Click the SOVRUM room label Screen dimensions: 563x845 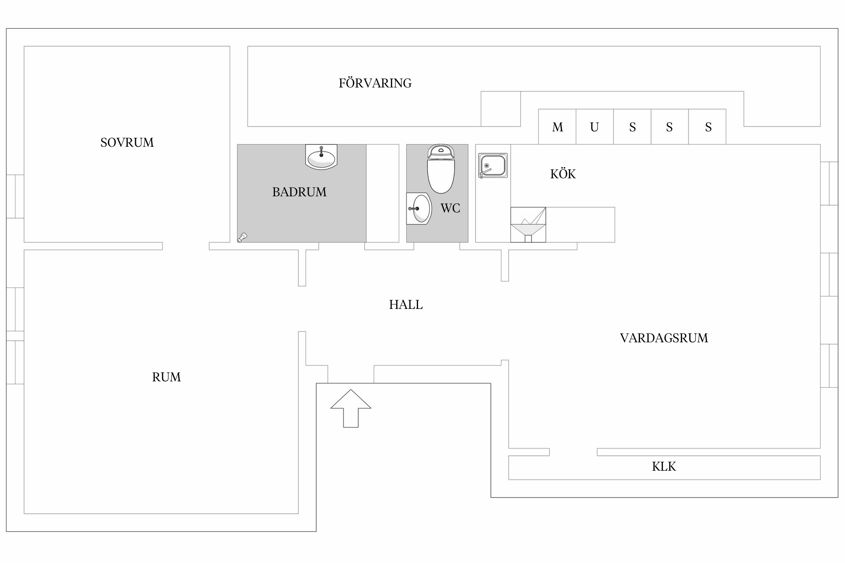pos(127,143)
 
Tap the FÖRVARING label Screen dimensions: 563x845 pos(375,83)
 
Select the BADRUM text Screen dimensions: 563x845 pos(299,192)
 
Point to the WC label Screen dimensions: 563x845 pos(450,208)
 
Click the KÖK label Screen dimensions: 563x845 pos(563,174)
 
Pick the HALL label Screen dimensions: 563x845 pos(406,305)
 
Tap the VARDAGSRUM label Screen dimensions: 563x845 pos(664,338)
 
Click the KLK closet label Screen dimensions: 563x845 pos(664,467)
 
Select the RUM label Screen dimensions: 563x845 pos(166,377)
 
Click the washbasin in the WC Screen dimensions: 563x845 pos(419,209)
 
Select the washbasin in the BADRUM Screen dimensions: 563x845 pos(321,157)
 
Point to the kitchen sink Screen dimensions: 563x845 pos(493,166)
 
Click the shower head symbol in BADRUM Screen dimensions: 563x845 pos(242,237)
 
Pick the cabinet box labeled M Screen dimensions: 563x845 pos(557,127)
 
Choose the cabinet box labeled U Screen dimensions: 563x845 pos(595,127)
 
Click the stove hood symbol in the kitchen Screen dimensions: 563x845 pos(528,225)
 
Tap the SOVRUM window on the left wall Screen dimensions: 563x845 pos(15,196)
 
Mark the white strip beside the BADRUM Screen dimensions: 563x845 pos(382,193)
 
